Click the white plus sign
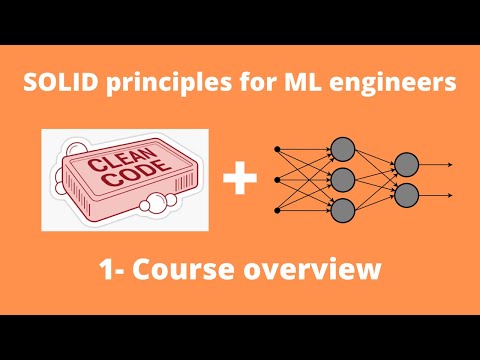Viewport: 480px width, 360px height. (x=240, y=181)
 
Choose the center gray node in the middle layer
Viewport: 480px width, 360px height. (x=343, y=180)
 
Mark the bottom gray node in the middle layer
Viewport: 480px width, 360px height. (x=343, y=210)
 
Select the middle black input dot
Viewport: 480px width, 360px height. (x=277, y=180)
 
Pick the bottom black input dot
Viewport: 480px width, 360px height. (x=277, y=210)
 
